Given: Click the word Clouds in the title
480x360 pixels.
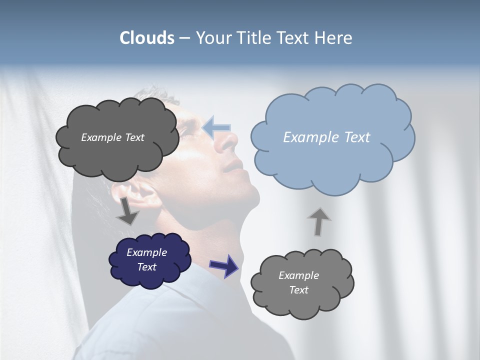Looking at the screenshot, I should (x=147, y=38).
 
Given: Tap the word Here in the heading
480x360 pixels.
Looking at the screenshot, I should (x=334, y=38).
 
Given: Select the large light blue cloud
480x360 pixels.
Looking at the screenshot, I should (x=332, y=137).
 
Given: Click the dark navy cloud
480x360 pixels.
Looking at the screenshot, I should (x=150, y=260).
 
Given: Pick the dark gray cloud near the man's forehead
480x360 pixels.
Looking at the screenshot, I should (x=117, y=137).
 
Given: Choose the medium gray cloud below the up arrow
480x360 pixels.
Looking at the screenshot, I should (x=301, y=283).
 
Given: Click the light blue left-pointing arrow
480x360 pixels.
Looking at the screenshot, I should (x=216, y=127).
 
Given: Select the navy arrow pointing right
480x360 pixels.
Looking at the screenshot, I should (x=224, y=265).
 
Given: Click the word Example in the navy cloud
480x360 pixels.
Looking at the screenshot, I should (x=146, y=252).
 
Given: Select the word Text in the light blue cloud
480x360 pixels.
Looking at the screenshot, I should (x=354, y=137).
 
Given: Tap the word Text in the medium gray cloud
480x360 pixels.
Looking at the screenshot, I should (x=299, y=290).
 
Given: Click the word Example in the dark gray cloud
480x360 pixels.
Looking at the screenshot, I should (x=101, y=137).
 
